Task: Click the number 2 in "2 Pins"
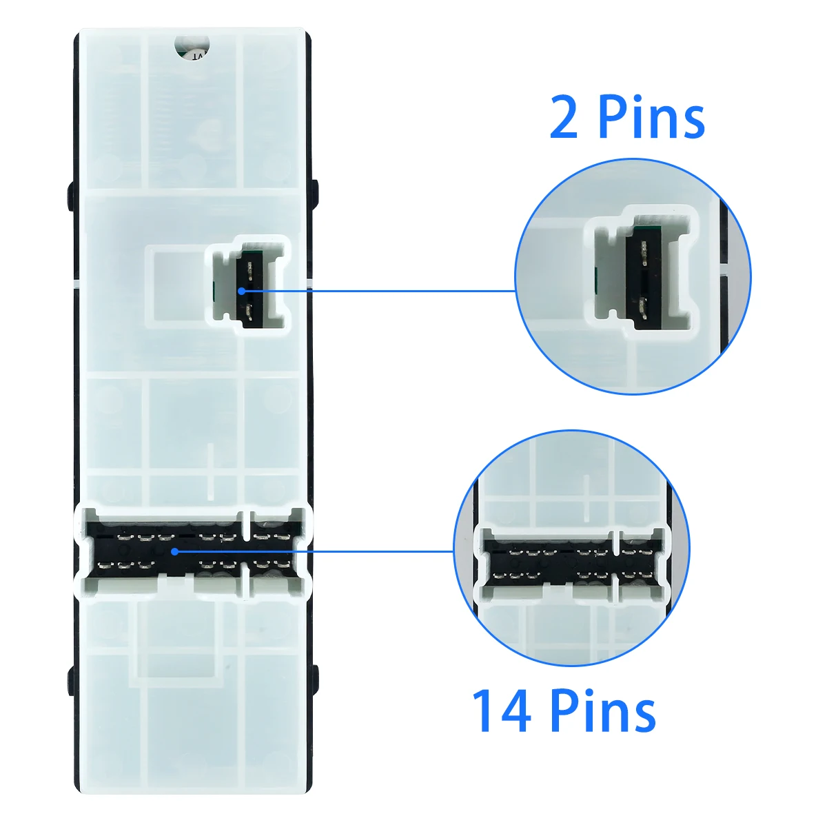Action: (x=564, y=116)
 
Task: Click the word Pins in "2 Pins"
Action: (x=651, y=116)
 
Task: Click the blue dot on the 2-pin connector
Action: (x=241, y=291)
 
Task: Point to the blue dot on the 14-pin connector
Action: (x=174, y=551)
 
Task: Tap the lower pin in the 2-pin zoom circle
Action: (x=643, y=308)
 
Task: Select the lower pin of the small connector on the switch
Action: (x=249, y=312)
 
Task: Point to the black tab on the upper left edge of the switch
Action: (x=71, y=196)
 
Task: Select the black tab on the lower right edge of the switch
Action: (x=316, y=679)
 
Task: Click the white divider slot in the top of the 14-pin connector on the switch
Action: (x=246, y=525)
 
